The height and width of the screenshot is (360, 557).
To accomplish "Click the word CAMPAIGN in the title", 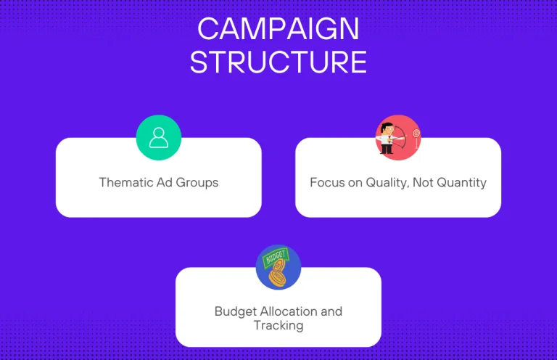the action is coord(278,29).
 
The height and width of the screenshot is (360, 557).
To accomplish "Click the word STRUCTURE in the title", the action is coord(278,62).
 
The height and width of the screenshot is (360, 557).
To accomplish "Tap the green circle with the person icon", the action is coord(159,137).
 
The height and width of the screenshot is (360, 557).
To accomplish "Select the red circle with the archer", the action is coord(398,137).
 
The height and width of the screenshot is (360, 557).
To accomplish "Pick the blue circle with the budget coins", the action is coord(278,267).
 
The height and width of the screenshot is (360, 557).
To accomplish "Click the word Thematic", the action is coord(125,182).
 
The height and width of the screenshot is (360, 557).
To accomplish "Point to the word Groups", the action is coord(197,183).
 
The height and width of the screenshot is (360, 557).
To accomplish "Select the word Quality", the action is coord(387,183).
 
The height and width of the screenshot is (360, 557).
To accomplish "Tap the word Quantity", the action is coord(462,183).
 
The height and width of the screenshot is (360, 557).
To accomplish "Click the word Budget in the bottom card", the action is coord(235,311).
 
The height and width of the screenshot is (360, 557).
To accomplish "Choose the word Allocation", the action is coord(289,311).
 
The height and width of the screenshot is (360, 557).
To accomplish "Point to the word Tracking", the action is coord(278,326).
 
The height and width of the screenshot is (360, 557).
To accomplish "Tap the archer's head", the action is coord(387,128).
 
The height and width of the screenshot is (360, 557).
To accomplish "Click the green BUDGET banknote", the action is coord(276,257).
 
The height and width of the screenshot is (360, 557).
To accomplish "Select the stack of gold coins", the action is coord(278,273).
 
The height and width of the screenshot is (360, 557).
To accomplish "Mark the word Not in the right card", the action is coord(423,182).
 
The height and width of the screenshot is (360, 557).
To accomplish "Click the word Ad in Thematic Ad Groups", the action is coord(165,182).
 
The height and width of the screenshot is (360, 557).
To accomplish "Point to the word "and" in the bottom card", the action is coord(331,311).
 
